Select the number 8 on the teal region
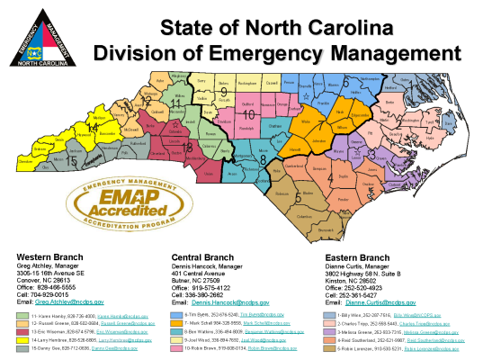coord(263,158)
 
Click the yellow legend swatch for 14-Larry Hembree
coord(23,342)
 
